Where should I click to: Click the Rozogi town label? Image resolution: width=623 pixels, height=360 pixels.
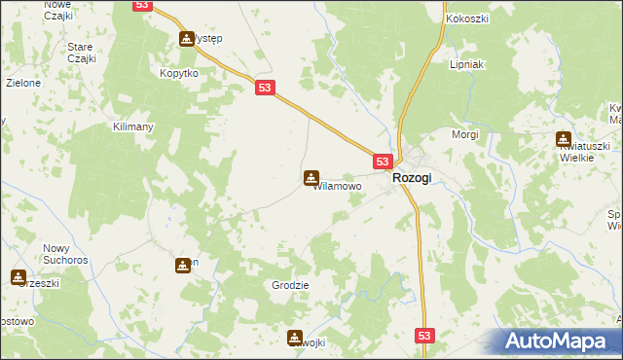tap(412, 179)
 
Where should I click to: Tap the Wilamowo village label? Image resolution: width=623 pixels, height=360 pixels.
tap(338, 186)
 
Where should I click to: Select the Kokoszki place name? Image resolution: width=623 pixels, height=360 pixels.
tap(466, 19)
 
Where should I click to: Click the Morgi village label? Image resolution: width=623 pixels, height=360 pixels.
tap(464, 134)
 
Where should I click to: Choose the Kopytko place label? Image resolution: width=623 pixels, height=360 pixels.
tap(179, 74)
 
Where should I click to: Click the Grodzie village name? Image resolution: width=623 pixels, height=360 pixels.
tap(290, 286)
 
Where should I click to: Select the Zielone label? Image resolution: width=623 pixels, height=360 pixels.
tap(23, 84)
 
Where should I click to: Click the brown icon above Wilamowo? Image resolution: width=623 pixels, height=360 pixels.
tap(310, 178)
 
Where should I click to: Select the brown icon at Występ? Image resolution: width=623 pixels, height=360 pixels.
tap(186, 39)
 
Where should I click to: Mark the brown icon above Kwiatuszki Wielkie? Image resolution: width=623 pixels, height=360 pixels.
tap(563, 139)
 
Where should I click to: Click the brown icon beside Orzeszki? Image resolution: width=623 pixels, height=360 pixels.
tap(18, 277)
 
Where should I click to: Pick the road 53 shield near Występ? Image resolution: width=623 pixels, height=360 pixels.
tap(143, 5)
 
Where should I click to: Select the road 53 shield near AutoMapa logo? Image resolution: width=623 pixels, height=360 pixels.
tap(424, 335)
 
